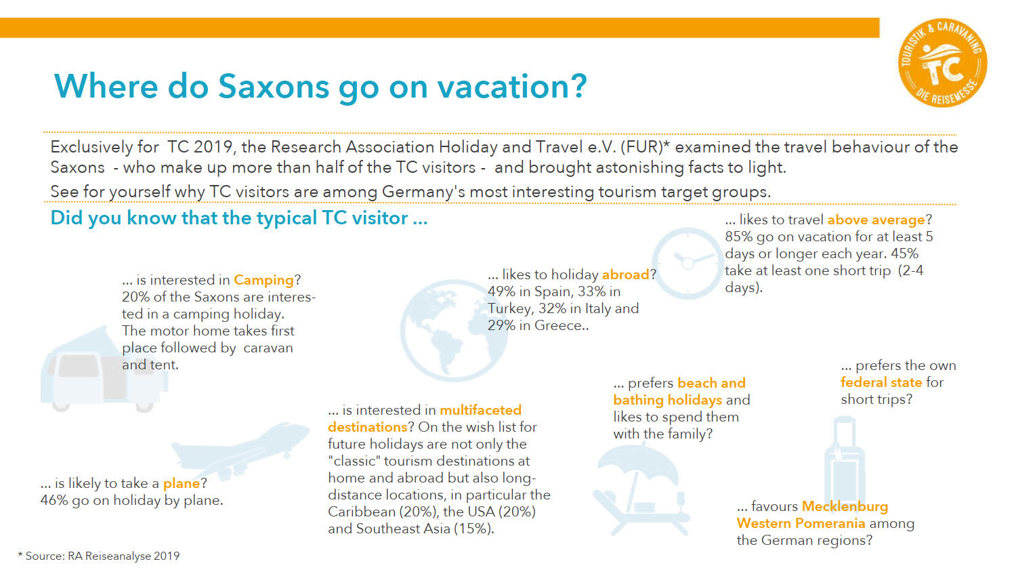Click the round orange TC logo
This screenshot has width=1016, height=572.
(x=943, y=62)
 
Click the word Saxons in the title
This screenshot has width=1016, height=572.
(x=274, y=86)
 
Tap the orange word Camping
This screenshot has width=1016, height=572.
(x=264, y=280)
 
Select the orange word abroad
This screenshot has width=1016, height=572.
(x=625, y=274)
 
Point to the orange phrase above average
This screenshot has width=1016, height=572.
(x=876, y=220)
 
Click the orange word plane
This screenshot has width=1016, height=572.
(x=182, y=483)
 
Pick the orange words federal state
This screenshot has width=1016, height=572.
(x=881, y=382)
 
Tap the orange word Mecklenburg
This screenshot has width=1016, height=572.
(x=845, y=506)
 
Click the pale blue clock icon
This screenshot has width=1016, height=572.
(x=687, y=264)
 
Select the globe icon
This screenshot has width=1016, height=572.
(x=454, y=331)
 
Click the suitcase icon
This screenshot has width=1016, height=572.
(x=845, y=459)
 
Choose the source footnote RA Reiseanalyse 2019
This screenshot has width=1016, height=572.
(x=123, y=556)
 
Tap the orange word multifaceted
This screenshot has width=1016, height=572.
(x=481, y=411)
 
